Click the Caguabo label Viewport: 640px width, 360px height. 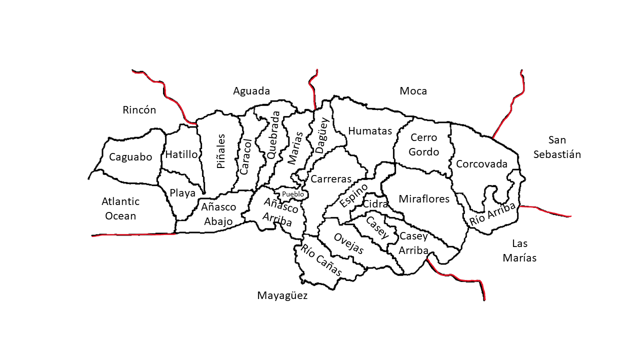(x=130, y=157)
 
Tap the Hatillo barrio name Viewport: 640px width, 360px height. (x=181, y=154)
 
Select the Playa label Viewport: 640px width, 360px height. (x=182, y=193)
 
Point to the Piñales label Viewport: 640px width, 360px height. (x=221, y=150)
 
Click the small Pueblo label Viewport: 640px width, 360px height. (x=292, y=194)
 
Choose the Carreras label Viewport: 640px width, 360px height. (x=331, y=179)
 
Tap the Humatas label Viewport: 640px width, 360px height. (x=370, y=131)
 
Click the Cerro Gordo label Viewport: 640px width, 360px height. (x=423, y=144)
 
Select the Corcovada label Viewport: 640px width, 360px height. (x=481, y=164)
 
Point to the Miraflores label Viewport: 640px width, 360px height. (x=424, y=199)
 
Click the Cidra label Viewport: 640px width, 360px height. (x=375, y=204)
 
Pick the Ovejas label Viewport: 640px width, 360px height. (x=349, y=244)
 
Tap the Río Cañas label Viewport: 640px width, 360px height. (x=321, y=260)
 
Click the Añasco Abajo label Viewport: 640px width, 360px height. (x=218, y=214)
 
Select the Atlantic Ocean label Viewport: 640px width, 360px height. (x=120, y=208)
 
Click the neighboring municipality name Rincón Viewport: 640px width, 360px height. (x=139, y=110)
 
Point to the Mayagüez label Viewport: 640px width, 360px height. (x=282, y=295)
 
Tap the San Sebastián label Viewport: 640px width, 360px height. (x=557, y=147)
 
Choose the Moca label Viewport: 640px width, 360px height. (x=413, y=91)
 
